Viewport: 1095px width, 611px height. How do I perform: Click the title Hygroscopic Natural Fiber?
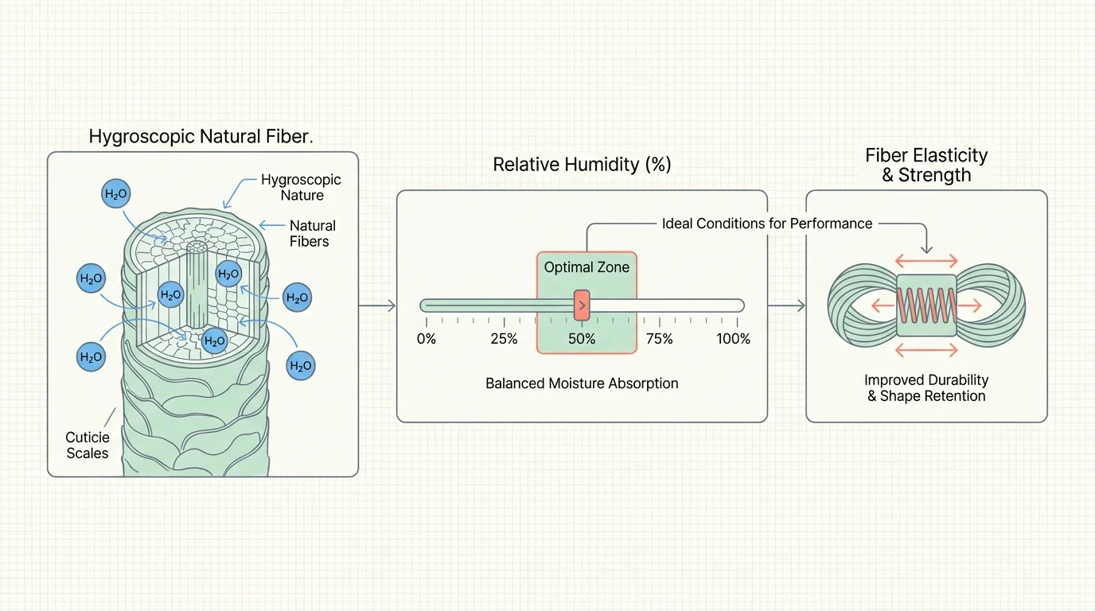coord(201,135)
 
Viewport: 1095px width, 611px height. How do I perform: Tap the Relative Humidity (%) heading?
coord(582,165)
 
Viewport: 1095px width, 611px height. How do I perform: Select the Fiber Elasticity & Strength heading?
coord(926,165)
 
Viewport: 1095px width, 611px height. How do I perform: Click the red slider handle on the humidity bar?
coord(582,305)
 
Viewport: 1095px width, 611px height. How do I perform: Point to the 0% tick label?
coord(427,339)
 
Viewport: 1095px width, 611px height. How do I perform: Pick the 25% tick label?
coord(504,339)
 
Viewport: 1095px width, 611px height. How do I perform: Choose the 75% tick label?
coord(659,339)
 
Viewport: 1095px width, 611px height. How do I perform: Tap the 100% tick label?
coord(733,339)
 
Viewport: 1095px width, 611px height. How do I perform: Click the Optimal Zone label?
coord(586,267)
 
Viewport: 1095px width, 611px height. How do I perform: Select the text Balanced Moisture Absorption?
coord(582,383)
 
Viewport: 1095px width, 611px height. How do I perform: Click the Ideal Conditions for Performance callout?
coord(767,224)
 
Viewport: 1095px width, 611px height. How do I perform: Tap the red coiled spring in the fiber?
coord(926,305)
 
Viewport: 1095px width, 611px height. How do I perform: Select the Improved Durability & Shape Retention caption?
coord(926,387)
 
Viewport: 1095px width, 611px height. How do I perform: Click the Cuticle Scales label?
coord(87,445)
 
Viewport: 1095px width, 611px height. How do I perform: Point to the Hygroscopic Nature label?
coord(301,188)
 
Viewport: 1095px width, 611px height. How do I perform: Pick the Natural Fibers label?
coord(312,233)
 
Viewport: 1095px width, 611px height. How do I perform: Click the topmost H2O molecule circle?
coord(116,194)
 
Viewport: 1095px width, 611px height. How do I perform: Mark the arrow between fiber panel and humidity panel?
coord(377,305)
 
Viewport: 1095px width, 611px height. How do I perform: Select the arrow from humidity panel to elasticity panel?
coord(786,305)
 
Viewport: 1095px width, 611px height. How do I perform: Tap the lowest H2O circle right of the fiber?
coord(300,366)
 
